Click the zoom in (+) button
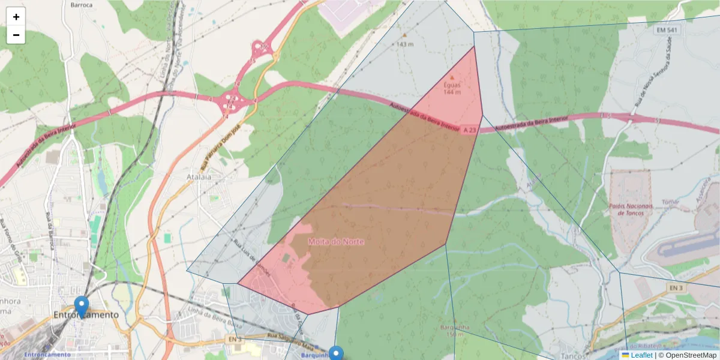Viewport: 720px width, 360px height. [x=16, y=17]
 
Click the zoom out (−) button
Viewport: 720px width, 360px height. [x=16, y=35]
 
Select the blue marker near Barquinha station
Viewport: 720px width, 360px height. [x=336, y=354]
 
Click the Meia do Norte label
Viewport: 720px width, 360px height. [x=336, y=241]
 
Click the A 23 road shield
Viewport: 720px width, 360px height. [x=469, y=129]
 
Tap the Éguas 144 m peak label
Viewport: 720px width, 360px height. [x=452, y=88]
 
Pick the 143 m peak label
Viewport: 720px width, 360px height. [x=405, y=44]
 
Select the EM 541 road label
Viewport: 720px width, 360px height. [x=667, y=30]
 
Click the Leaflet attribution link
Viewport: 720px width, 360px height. [x=641, y=355]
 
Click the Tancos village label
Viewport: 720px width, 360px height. [x=564, y=349]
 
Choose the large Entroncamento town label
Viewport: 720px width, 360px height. [x=86, y=314]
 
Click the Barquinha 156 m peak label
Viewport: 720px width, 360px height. [x=454, y=331]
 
